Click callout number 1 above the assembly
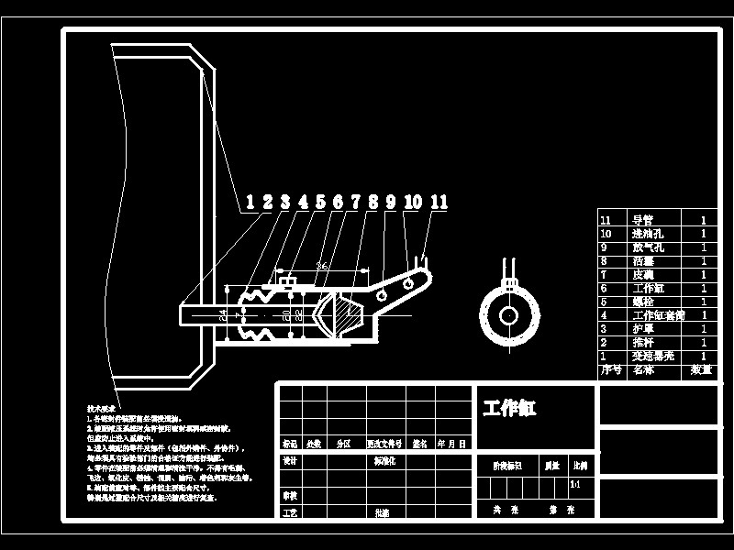pos(250,203)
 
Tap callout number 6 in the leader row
pos(338,203)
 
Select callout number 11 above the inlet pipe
pos(439,203)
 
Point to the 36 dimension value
pos(321,265)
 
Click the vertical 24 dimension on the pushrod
pos(223,313)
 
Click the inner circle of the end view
pos(507,315)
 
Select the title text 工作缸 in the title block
pos(509,408)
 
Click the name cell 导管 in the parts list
pos(642,220)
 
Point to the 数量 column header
pos(702,370)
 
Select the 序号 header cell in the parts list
pos(610,370)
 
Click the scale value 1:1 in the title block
pos(575,484)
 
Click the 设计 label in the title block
pos(290,462)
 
